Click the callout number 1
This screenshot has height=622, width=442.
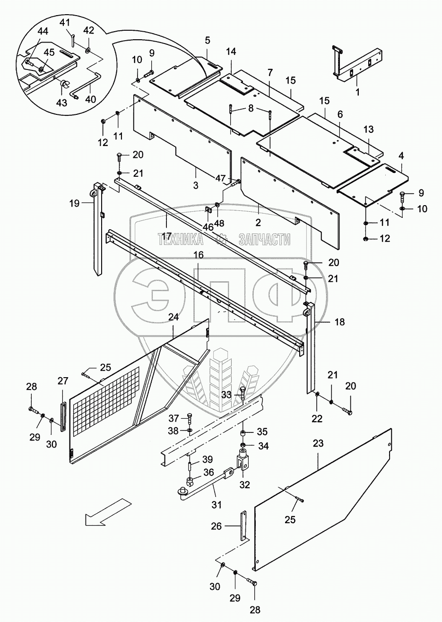point(357,93)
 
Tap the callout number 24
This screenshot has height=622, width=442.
point(173,317)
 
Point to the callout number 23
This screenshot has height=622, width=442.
point(318,444)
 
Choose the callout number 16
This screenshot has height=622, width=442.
point(199,255)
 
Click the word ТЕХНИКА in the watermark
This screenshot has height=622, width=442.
point(180,239)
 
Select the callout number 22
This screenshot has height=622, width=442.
point(317,418)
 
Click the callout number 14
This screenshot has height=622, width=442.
point(230,64)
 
